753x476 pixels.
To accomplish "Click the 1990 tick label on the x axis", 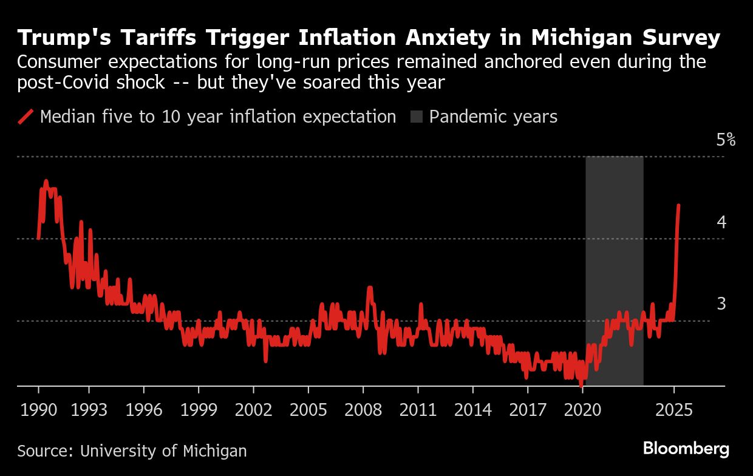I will tap(38, 410).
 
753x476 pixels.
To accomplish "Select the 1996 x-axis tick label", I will tap(144, 410).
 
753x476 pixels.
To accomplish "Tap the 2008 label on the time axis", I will tap(363, 410).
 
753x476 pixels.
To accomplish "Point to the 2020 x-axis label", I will tap(582, 410).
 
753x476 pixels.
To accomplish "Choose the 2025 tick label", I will tap(673, 410).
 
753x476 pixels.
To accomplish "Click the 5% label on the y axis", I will tap(726, 140).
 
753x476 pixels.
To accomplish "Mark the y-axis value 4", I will tap(721, 222).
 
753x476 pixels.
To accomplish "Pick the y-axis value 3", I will tap(721, 304).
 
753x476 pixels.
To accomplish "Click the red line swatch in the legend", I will tap(26, 117).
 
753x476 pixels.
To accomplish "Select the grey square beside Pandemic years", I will tap(417, 117).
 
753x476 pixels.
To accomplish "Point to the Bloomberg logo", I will tap(686, 449).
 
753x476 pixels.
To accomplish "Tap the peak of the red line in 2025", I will tap(678, 205).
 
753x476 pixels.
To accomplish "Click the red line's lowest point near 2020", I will tap(581, 384).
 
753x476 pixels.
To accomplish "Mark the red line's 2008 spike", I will tap(369, 288).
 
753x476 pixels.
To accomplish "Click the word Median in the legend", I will tap(68, 117).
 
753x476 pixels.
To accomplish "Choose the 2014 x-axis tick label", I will tap(472, 410).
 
